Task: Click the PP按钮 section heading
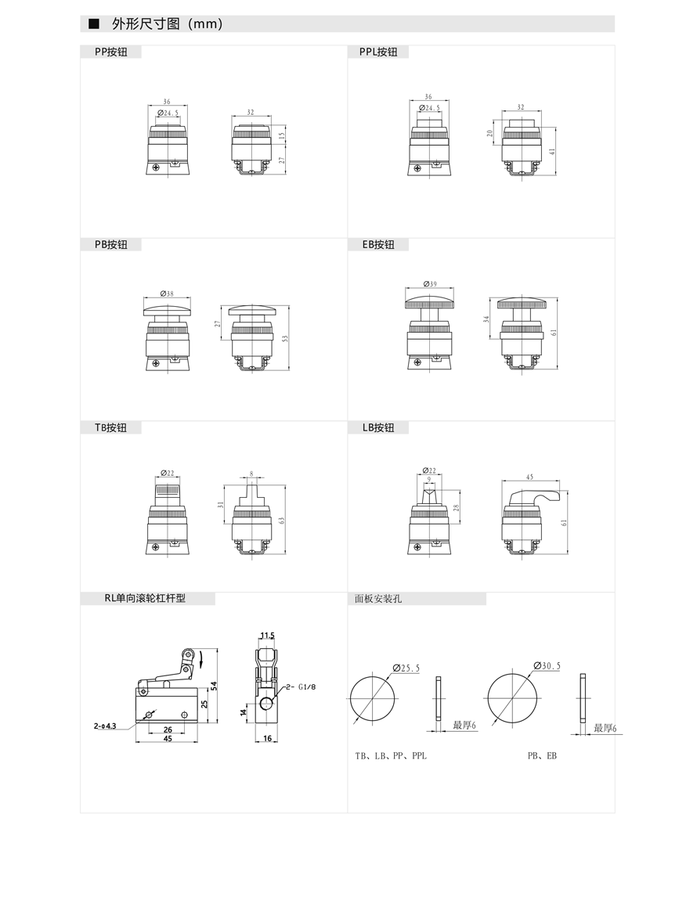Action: point(111,52)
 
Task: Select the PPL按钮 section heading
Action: point(378,52)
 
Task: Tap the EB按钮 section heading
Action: point(378,245)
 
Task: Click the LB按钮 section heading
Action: point(378,428)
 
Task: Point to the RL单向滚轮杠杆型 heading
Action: point(145,598)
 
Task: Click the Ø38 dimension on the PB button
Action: point(167,294)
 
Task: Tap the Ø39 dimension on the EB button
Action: point(430,284)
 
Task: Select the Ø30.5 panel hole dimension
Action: point(547,666)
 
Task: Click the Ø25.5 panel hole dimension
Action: point(406,668)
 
